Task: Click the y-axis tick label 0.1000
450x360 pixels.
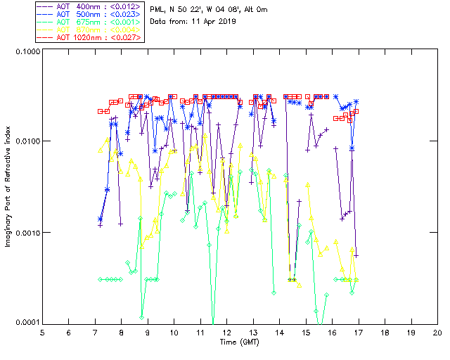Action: tap(25, 53)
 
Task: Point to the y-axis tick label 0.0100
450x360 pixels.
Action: tap(25, 143)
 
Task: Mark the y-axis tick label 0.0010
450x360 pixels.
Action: tap(25, 233)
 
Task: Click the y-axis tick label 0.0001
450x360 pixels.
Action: tap(25, 323)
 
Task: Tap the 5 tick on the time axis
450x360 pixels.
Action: tap(43, 331)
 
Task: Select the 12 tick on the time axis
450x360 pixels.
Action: tap(227, 331)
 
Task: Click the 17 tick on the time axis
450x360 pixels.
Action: tap(359, 331)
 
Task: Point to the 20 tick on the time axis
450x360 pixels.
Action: tap(437, 331)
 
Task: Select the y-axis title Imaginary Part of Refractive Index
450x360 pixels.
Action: tap(8, 188)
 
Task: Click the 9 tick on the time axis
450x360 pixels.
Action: tap(148, 331)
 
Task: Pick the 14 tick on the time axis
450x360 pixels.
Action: tap(280, 331)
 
